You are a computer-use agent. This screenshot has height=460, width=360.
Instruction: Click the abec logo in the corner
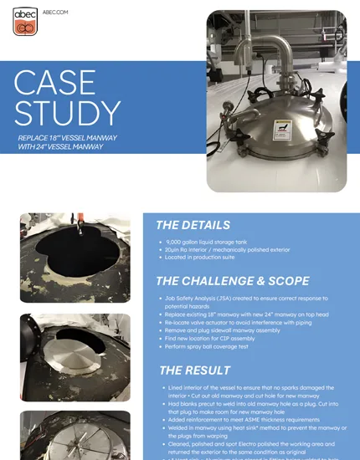[24, 22]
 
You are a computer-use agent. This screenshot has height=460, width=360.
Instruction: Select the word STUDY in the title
[68, 113]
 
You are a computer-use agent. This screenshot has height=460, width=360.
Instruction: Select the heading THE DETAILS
[193, 225]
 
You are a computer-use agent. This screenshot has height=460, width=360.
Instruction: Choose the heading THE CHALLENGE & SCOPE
[232, 280]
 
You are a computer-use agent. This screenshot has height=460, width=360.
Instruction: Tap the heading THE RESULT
[193, 370]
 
